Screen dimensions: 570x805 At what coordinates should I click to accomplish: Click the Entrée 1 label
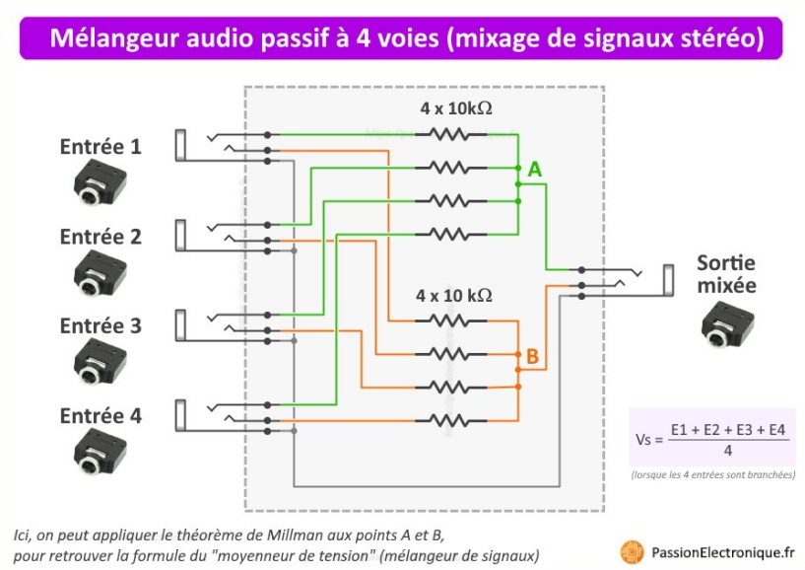pyautogui.click(x=101, y=147)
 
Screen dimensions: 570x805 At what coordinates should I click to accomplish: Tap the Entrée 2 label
pyautogui.click(x=101, y=237)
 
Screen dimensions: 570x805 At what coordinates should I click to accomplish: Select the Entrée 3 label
pyautogui.click(x=101, y=325)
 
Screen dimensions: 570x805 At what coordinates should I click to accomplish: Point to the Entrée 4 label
pyautogui.click(x=101, y=415)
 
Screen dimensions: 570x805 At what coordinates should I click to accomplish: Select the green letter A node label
pyautogui.click(x=534, y=170)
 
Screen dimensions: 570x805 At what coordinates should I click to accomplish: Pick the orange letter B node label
pyautogui.click(x=532, y=357)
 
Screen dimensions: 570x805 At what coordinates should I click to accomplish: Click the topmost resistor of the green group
pyautogui.click(x=453, y=133)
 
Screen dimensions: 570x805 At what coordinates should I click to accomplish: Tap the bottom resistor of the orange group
pyautogui.click(x=453, y=420)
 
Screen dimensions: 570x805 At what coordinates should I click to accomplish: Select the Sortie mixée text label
pyautogui.click(x=726, y=274)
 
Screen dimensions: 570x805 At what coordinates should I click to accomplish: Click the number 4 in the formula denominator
pyautogui.click(x=727, y=450)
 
